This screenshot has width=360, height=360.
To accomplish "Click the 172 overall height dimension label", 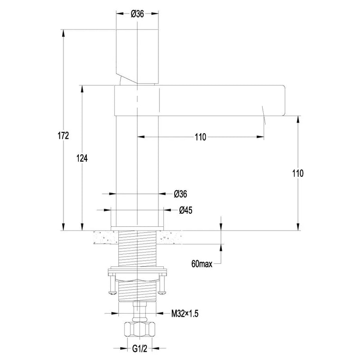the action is tap(63, 136).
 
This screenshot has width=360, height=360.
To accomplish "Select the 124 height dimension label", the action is tap(82, 158).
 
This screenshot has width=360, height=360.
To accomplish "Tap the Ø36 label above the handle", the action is tap(137, 14).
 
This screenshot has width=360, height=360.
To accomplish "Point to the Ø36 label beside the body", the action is tap(180, 194).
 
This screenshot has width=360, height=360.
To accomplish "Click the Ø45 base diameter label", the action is tap(186, 210).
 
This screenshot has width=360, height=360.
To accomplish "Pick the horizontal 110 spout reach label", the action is tap(200, 137).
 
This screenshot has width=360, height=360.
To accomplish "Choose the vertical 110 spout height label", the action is tap(298, 173).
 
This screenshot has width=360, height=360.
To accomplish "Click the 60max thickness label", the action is tap(202, 264).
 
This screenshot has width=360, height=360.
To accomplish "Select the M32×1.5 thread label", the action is tap(184, 313).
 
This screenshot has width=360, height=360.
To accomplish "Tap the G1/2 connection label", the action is tap(139, 349).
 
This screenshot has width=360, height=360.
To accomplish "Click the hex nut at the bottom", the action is tap(139, 329).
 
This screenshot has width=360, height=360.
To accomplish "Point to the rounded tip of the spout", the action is tap(283, 100).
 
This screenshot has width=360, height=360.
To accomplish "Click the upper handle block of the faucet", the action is tap(137, 57).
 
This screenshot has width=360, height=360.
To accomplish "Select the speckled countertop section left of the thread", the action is tap(106, 238).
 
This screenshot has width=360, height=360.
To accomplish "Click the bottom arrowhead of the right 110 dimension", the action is tap(298, 227).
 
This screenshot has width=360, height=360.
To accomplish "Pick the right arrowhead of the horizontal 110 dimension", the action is tap(260, 137).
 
